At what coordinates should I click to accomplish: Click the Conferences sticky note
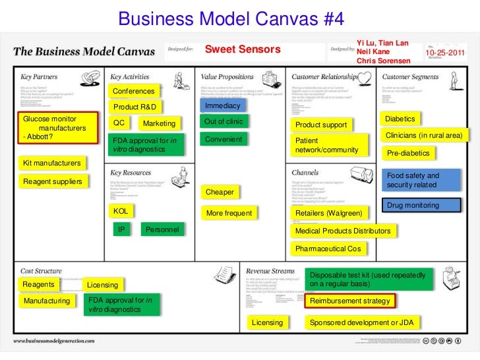point(134,91)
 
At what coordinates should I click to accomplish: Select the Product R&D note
point(136,107)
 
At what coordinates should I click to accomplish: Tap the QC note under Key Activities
point(119,123)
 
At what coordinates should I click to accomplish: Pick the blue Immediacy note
point(223,106)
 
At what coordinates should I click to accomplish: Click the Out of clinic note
point(224,122)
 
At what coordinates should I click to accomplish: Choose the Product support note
point(321,125)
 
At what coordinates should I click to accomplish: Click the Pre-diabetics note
point(408,154)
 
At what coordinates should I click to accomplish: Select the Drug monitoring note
point(422,206)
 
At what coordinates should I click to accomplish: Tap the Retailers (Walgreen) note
point(329,214)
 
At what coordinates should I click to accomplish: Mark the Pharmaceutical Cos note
point(328,249)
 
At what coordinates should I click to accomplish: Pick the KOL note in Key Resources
point(121,212)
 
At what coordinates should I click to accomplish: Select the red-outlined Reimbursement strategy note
point(350,301)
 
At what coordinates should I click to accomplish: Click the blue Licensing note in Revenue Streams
point(268,322)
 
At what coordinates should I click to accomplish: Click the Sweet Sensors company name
point(243,49)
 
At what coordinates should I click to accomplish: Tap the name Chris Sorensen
point(383,61)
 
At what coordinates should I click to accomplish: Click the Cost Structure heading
point(42,271)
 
